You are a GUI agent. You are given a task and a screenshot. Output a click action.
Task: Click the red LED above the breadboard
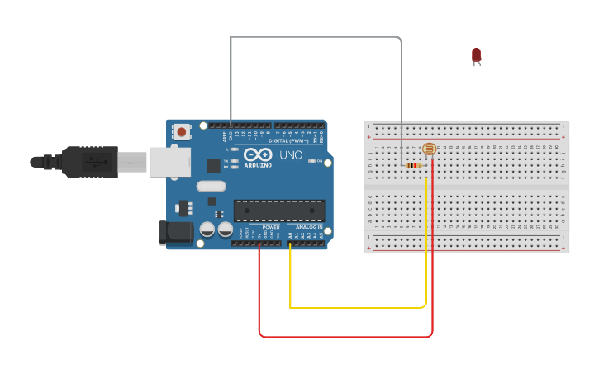[x=476, y=55]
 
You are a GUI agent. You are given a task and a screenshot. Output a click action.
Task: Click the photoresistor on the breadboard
[x=429, y=149]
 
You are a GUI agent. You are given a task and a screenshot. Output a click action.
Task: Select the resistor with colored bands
[x=413, y=165]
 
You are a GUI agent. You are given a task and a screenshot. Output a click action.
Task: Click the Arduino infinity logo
[x=257, y=154]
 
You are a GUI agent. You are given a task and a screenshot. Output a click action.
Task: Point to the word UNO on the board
[x=292, y=154]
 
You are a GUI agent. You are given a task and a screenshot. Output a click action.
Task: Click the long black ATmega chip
[x=278, y=211]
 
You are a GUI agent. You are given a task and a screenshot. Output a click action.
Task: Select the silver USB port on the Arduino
[x=170, y=162]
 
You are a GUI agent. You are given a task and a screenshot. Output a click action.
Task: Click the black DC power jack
[x=176, y=233]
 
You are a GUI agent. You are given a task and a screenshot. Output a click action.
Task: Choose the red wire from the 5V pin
[x=347, y=336]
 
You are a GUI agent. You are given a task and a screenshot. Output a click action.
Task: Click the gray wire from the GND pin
[x=314, y=37]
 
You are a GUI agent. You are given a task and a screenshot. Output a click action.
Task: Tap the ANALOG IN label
[x=309, y=227]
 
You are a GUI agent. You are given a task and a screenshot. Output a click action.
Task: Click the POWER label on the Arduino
[x=271, y=227]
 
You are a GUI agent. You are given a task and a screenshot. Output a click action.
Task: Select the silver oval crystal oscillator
[x=211, y=187]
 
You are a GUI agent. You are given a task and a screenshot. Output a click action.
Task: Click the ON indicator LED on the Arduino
[x=311, y=161]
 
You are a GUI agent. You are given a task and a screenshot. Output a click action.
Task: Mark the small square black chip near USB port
[x=213, y=165]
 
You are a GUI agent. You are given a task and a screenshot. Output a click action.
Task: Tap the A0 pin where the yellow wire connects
[x=290, y=243]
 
